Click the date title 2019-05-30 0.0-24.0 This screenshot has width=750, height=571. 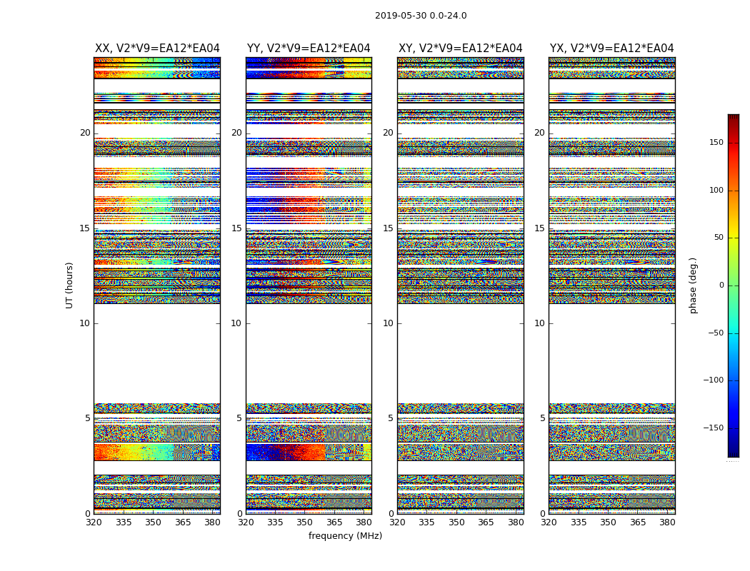(x=421, y=16)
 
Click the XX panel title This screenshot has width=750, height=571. (x=157, y=49)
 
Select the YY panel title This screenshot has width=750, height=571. (x=309, y=49)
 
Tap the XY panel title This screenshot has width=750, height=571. (x=460, y=49)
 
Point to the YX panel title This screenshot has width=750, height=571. (x=611, y=49)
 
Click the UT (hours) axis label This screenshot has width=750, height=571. (x=70, y=285)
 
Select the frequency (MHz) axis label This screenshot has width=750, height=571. (x=345, y=536)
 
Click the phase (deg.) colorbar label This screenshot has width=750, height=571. (x=693, y=285)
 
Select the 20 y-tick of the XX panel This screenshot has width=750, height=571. (x=85, y=133)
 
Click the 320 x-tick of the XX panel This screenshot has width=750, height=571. (x=94, y=522)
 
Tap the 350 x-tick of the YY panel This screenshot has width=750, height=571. (x=305, y=522)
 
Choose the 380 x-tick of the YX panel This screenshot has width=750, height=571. (x=667, y=522)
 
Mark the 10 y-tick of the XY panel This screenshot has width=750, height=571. (x=388, y=323)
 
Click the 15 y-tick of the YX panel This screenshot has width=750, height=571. (x=539, y=228)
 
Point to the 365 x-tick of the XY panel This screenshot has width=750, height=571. (x=486, y=522)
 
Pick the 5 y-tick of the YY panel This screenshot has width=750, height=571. (x=239, y=418)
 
